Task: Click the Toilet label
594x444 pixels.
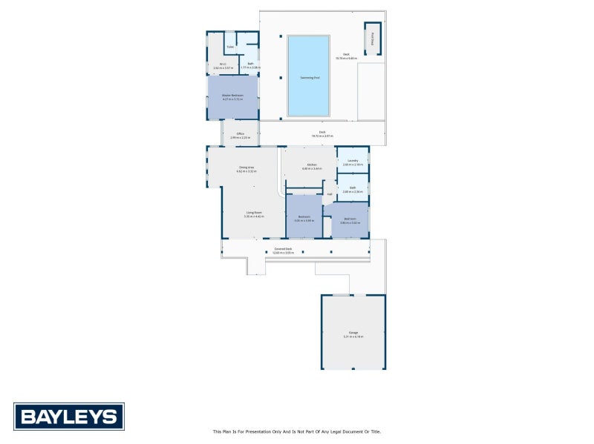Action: pyautogui.click(x=230, y=47)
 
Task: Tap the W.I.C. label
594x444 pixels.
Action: pyautogui.click(x=222, y=64)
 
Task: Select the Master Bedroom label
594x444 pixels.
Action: pyautogui.click(x=232, y=96)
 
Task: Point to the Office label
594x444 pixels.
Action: pyautogui.click(x=240, y=134)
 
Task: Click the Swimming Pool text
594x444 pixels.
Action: pyautogui.click(x=310, y=77)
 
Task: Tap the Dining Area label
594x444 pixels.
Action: pyautogui.click(x=247, y=168)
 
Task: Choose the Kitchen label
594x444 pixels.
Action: pyautogui.click(x=311, y=165)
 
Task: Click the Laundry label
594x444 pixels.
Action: pyautogui.click(x=353, y=161)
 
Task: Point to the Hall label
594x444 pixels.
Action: pyautogui.click(x=329, y=194)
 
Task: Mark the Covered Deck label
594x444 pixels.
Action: pyautogui.click(x=283, y=249)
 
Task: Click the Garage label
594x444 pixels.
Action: pyautogui.click(x=353, y=333)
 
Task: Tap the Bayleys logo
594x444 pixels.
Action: pyautogui.click(x=69, y=417)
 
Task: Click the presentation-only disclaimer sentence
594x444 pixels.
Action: pyautogui.click(x=296, y=431)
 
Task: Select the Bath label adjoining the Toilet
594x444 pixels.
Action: pyautogui.click(x=251, y=64)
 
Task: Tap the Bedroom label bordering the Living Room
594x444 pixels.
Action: pyautogui.click(x=304, y=217)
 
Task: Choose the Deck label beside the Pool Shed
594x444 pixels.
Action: pyautogui.click(x=346, y=55)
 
